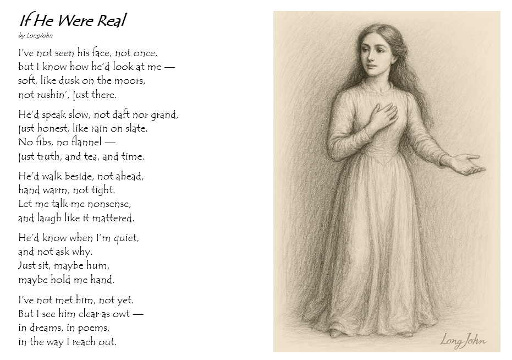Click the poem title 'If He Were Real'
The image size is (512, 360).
[x=73, y=21]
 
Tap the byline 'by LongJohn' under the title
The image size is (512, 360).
[x=36, y=36]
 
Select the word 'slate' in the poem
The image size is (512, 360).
[x=136, y=129]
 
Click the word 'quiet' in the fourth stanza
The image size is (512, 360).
[x=125, y=238]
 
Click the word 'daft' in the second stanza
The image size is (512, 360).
[x=118, y=115]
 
